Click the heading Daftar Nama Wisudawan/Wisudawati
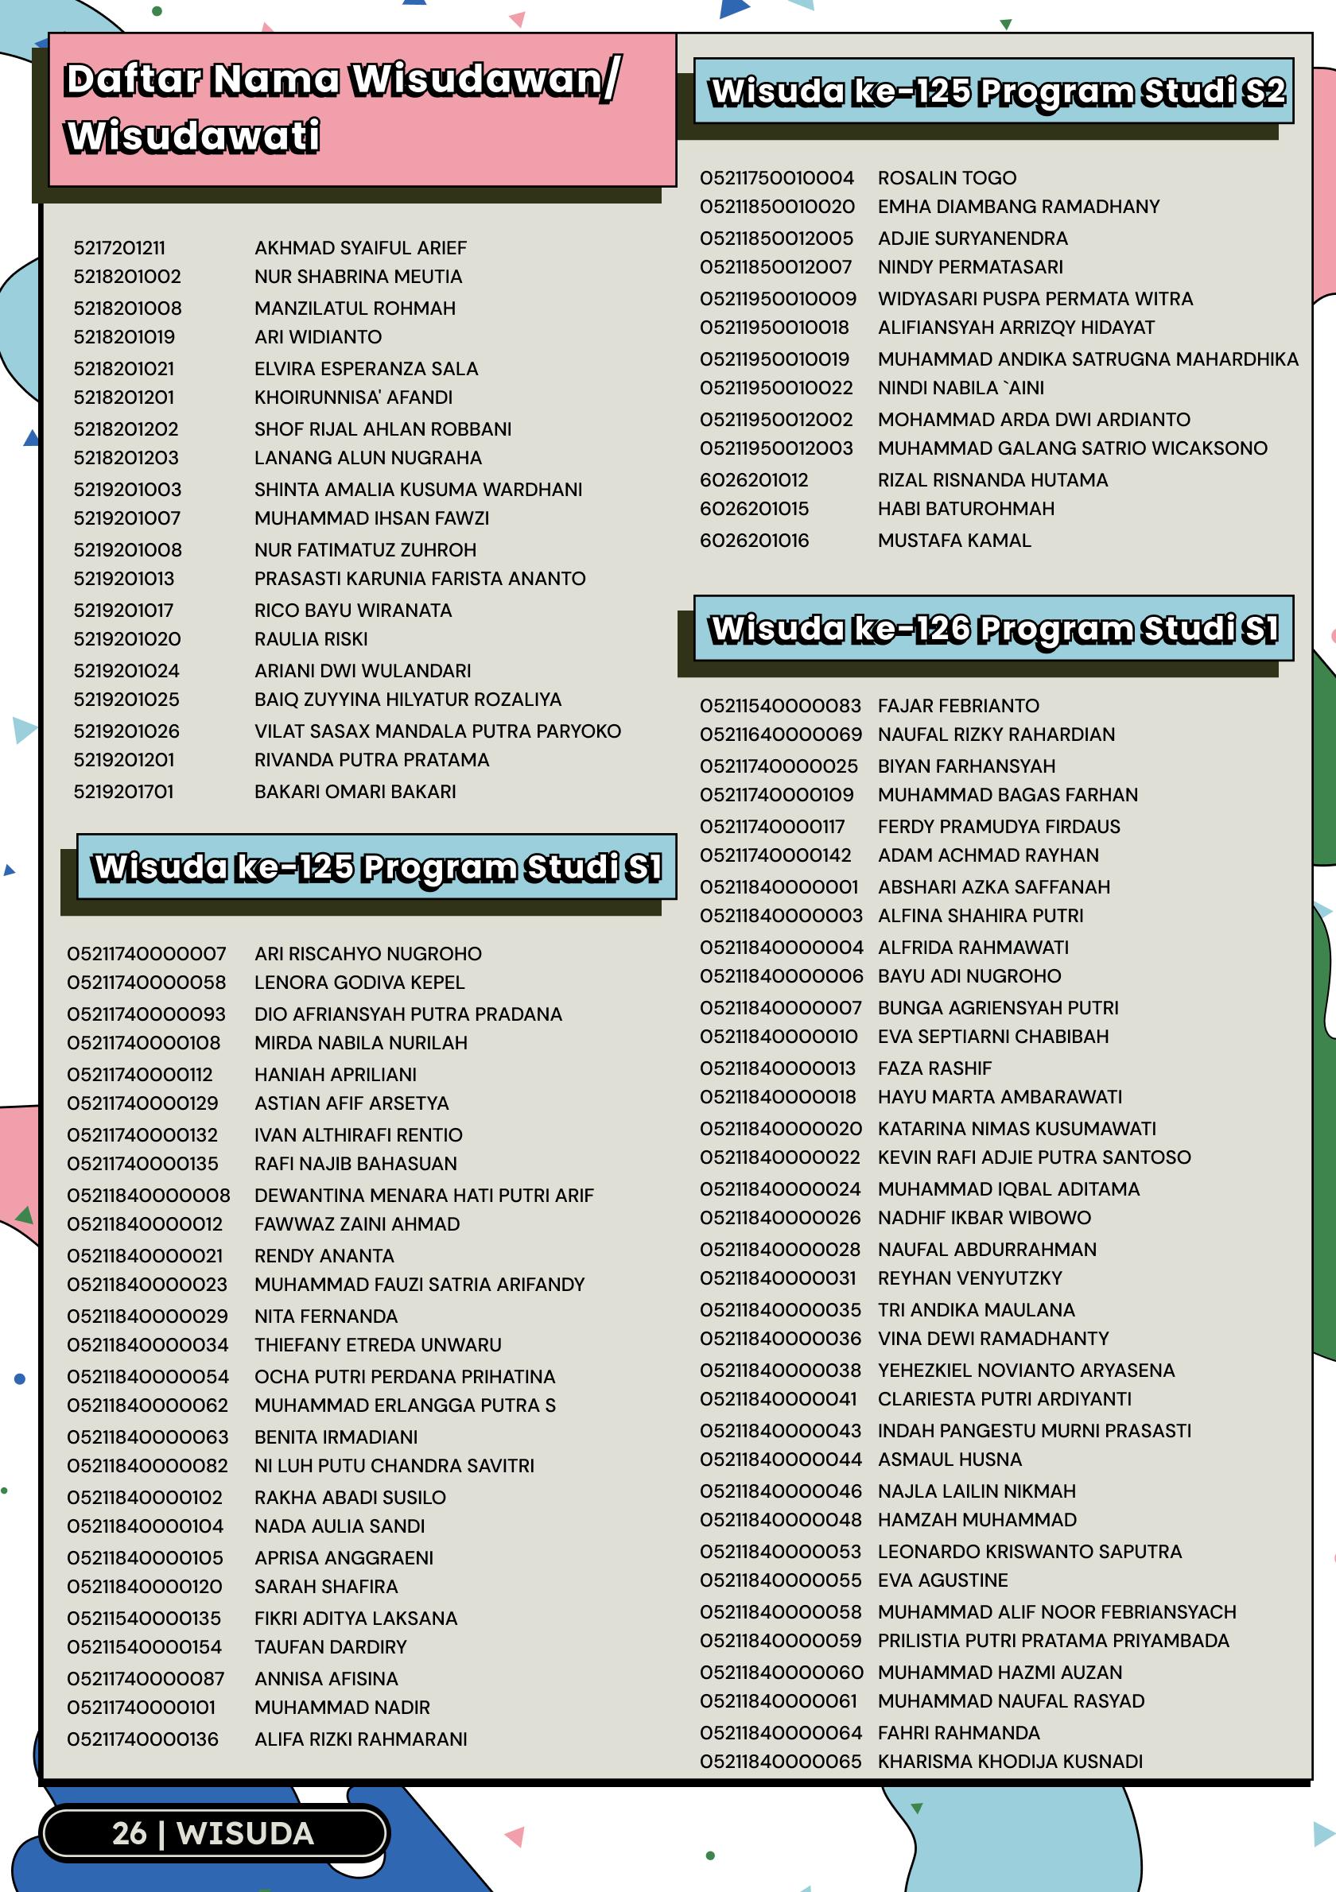[342, 108]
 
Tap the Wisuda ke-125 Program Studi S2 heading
[996, 91]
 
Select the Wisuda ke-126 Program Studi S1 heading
[993, 629]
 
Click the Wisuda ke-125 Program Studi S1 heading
[377, 867]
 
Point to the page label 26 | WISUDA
[213, 1832]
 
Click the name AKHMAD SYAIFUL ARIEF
[360, 248]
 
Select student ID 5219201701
[123, 791]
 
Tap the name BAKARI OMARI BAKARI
[355, 791]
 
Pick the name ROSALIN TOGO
[946, 178]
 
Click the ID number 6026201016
[754, 541]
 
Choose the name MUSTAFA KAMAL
[953, 541]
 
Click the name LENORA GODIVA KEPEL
[359, 983]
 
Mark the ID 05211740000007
[146, 953]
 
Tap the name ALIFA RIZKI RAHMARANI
[360, 1739]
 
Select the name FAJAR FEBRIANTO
[957, 705]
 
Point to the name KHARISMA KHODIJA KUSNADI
[1010, 1761]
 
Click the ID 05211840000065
[780, 1761]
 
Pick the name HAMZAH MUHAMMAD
[977, 1519]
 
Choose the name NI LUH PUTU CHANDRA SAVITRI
[394, 1465]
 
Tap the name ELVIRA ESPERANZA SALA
[366, 368]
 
